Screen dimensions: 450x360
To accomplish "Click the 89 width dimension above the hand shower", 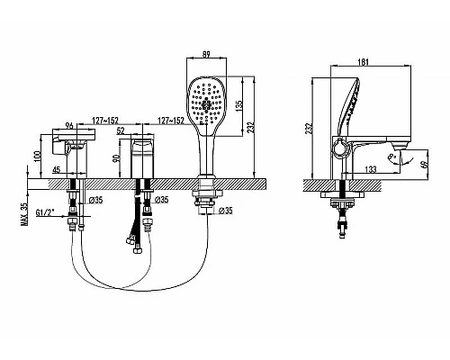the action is point(206,54).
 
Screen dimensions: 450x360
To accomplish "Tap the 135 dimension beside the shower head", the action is point(239,106).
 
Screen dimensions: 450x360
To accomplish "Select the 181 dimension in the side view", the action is point(364,62).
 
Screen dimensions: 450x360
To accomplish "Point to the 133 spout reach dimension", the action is point(371,169).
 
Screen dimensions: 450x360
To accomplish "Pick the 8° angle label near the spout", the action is point(391,157).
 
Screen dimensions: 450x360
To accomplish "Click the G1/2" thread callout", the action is point(45,212).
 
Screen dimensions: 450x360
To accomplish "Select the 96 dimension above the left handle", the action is point(69,126).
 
